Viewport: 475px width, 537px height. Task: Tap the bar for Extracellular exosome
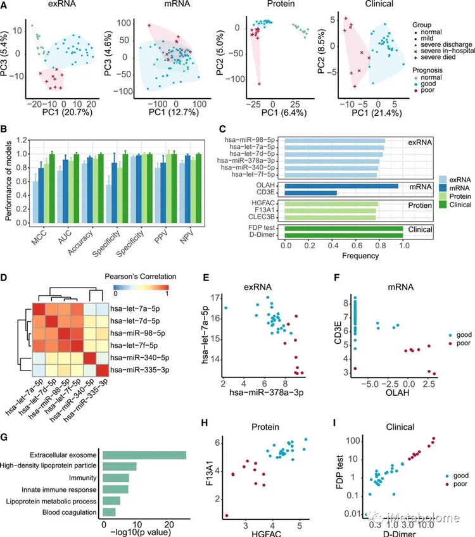click(144, 455)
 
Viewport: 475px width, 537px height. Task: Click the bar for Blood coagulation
click(109, 512)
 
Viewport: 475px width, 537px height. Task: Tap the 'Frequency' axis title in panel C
click(343, 256)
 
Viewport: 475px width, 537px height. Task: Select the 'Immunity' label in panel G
click(80, 477)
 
